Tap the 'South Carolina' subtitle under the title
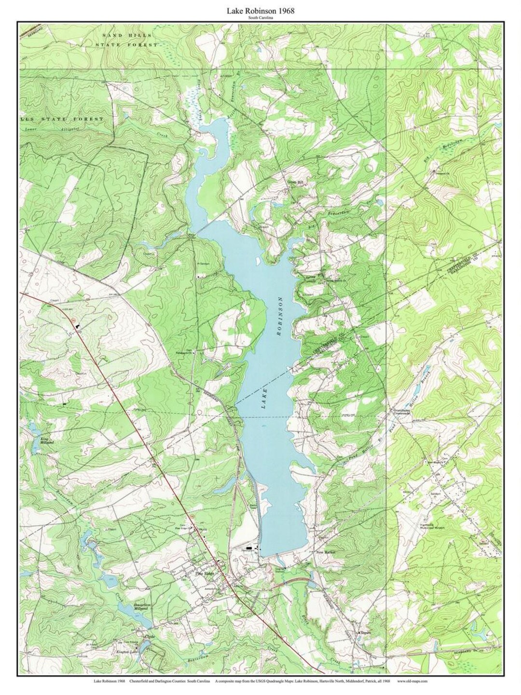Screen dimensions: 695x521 point(260,18)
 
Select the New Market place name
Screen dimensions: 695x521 point(325,552)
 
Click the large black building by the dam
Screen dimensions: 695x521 point(249,548)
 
